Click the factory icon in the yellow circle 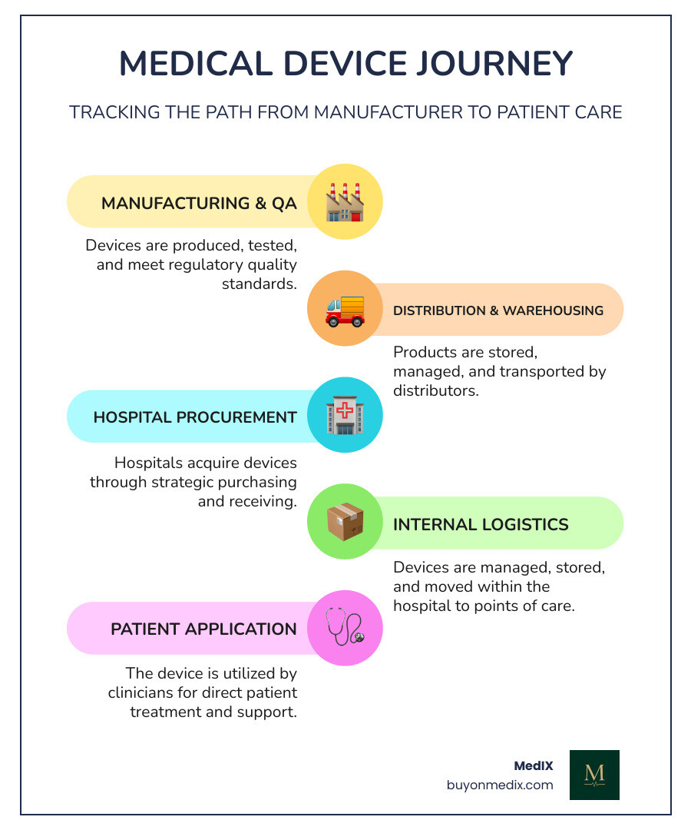[345, 201]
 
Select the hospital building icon [345, 415]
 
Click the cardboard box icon [345, 523]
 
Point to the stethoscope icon [345, 627]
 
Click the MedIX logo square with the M [594, 775]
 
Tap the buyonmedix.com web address [500, 785]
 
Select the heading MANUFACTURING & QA [199, 203]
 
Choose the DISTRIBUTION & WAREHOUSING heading [498, 310]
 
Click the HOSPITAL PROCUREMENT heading [195, 417]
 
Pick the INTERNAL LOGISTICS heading [481, 524]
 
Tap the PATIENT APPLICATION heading [203, 629]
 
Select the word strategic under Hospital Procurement [209, 482]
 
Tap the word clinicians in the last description [144, 692]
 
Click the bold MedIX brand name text [533, 765]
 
